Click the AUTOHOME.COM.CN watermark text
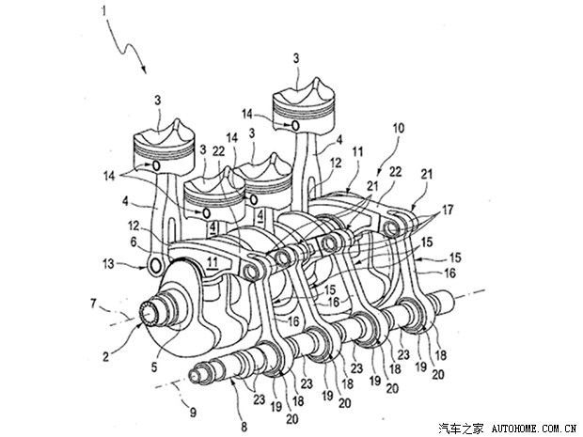(532, 425)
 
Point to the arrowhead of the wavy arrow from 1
(144, 70)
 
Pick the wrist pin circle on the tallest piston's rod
(296, 125)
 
